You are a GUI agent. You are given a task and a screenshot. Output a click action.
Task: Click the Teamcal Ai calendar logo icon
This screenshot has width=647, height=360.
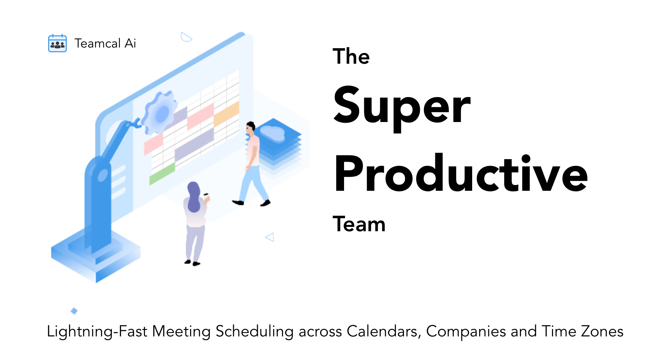click(57, 43)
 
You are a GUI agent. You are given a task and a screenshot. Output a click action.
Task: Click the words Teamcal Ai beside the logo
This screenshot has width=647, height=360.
click(105, 43)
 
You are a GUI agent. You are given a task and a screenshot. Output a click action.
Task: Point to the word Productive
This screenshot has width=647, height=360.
click(461, 173)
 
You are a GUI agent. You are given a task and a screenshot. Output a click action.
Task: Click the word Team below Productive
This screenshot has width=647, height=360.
click(359, 224)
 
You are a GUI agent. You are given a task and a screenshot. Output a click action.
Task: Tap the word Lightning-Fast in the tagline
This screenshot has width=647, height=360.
click(97, 332)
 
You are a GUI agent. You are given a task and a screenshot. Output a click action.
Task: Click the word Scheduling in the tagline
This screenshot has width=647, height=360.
click(255, 332)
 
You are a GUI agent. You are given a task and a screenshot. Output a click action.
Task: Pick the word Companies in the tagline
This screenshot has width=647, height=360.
click(466, 332)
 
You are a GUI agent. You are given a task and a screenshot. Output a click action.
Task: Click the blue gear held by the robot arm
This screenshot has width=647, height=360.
click(159, 112)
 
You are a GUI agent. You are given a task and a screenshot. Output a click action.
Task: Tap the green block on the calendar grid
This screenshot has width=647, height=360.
click(162, 174)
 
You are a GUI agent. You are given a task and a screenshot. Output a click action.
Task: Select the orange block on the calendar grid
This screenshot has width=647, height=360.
click(226, 114)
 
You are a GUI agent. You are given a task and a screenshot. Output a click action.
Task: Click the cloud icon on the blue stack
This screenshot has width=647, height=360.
click(272, 133)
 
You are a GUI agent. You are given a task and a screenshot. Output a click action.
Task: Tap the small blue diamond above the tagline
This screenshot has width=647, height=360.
click(74, 311)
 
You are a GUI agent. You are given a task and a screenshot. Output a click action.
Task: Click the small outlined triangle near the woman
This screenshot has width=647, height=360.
click(270, 237)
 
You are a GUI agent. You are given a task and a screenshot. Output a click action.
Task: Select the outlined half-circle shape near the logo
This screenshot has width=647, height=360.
click(186, 37)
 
